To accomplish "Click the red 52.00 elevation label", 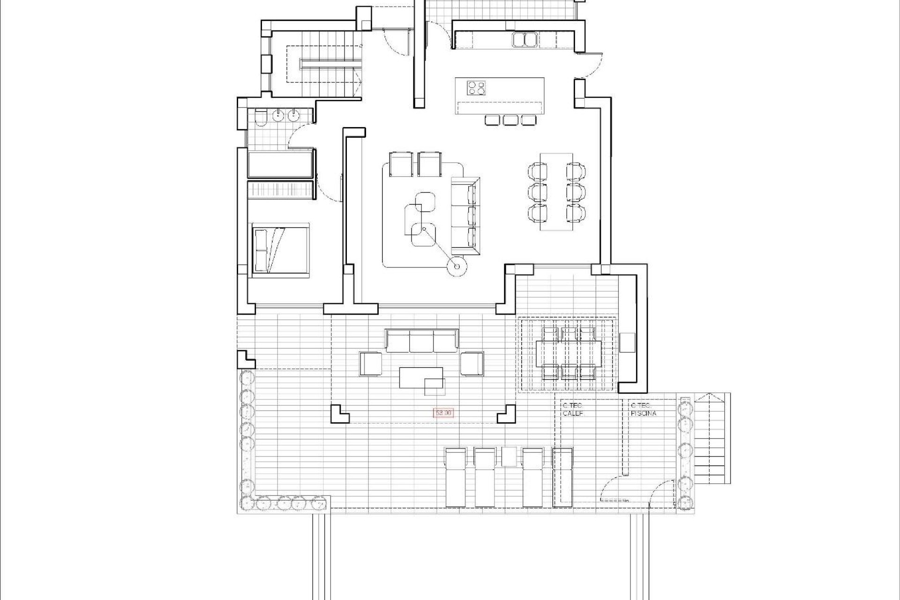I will [x=443, y=413].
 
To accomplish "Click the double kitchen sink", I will [x=525, y=39].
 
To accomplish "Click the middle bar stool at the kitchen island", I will [x=510, y=120].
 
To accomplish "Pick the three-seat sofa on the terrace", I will [x=421, y=341].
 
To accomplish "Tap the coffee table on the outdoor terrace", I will [x=421, y=378].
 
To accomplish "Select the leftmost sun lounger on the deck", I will [x=456, y=483].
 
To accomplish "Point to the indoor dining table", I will [x=556, y=191].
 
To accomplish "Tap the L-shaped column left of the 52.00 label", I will [x=338, y=414].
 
